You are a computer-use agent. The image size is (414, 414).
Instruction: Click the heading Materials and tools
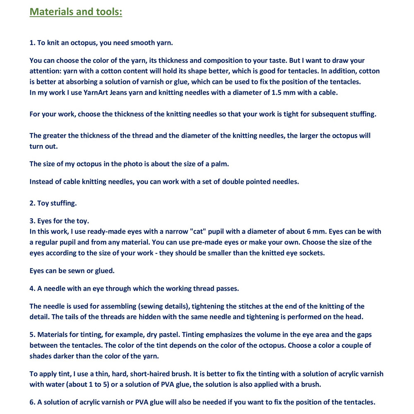point(76,11)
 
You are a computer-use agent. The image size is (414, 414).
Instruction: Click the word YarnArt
point(97,92)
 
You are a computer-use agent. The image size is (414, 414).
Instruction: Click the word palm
point(220,164)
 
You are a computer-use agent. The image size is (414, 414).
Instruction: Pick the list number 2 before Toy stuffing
point(32,203)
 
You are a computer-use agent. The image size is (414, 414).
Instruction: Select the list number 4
point(32,289)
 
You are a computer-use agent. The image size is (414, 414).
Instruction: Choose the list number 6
point(32,402)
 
